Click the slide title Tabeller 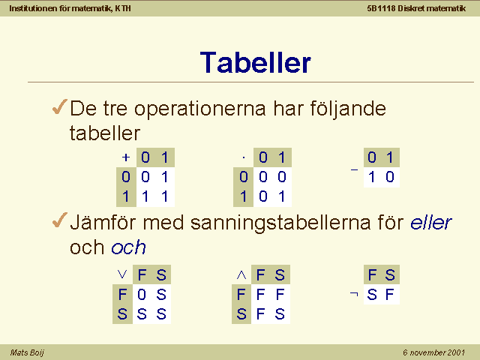coord(255,63)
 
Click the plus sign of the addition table coord(126,157)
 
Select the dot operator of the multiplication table coord(244,158)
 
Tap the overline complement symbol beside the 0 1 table coord(354,169)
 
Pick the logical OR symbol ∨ coord(122,274)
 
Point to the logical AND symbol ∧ coord(241,275)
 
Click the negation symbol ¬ coord(354,294)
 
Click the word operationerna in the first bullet coord(200,109)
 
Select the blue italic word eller coord(431,222)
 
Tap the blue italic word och coord(128,247)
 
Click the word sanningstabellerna coord(280,223)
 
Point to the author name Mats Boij coord(27,352)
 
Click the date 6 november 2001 coord(433,352)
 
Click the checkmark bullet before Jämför coord(60,220)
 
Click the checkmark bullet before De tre coord(60,106)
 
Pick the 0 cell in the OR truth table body coord(142,295)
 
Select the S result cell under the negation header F coord(372,295)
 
